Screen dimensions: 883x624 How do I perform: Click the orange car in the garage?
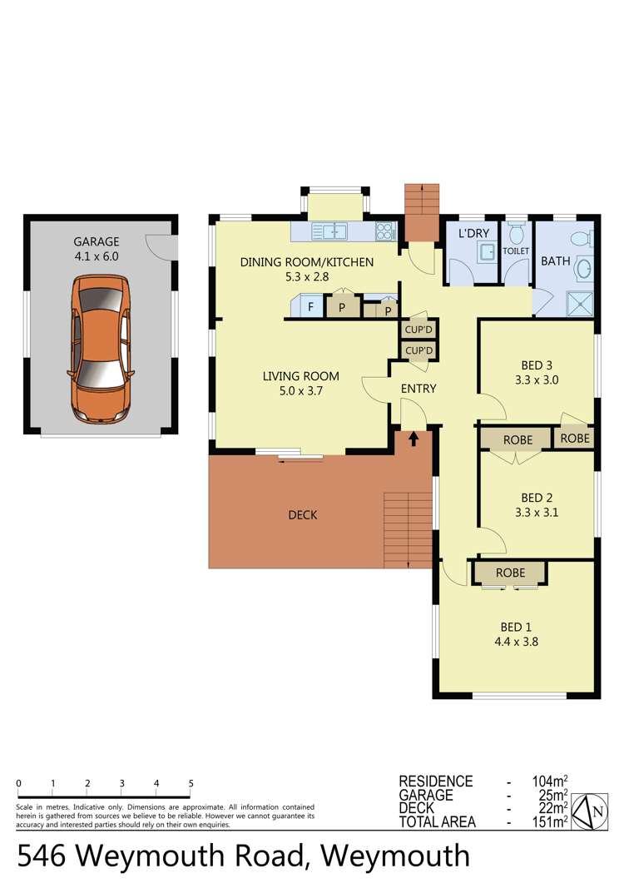pyautogui.click(x=101, y=350)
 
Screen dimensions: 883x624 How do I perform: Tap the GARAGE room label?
pyautogui.click(x=95, y=241)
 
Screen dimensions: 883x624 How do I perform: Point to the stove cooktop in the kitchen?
pyautogui.click(x=385, y=231)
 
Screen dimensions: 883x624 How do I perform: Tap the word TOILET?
pyautogui.click(x=516, y=249)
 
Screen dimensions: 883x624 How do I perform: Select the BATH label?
pyautogui.click(x=556, y=261)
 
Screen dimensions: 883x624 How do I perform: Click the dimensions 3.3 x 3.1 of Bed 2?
pyautogui.click(x=537, y=513)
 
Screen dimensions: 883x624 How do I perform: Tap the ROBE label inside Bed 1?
pyautogui.click(x=510, y=573)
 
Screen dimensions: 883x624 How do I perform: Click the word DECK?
pyautogui.click(x=303, y=515)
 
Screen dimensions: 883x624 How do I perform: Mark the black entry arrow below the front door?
pyautogui.click(x=413, y=437)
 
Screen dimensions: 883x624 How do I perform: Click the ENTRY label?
pyautogui.click(x=418, y=389)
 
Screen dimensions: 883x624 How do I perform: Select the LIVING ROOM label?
pyautogui.click(x=300, y=376)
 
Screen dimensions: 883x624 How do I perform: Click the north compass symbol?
pyautogui.click(x=597, y=811)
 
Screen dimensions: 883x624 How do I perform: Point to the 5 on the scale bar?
pyautogui.click(x=191, y=783)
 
